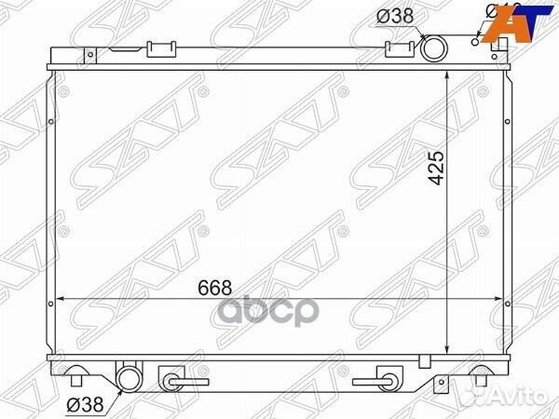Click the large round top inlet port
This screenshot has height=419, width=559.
(x=433, y=48)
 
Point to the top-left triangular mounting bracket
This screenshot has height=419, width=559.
(x=90, y=55)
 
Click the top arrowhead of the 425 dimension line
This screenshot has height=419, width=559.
(x=451, y=74)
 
